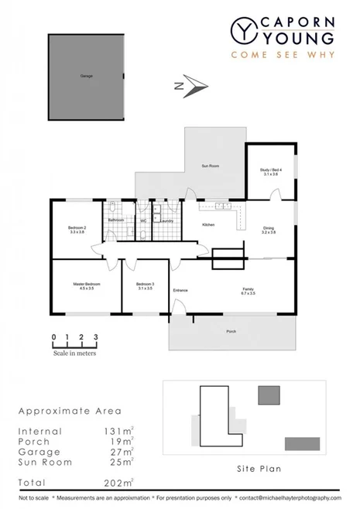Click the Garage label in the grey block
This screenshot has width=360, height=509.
[x=85, y=76]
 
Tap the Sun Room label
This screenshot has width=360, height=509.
[x=211, y=166]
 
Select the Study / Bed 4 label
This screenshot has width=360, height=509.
[x=270, y=172]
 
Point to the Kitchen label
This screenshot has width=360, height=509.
[x=208, y=224]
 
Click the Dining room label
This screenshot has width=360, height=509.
[x=269, y=229]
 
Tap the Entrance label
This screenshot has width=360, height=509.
[x=181, y=290]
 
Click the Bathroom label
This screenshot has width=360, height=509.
[x=116, y=220]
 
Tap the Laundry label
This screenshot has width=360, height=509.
[x=166, y=220]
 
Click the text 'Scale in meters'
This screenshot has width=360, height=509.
[x=74, y=353]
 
